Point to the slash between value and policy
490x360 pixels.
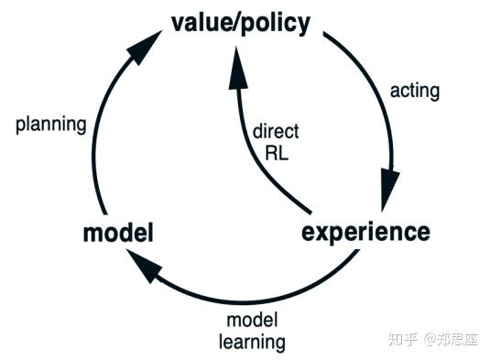tap(234, 22)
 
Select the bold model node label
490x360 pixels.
tap(118, 234)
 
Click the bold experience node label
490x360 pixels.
tap(365, 231)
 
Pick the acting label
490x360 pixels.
tap(415, 91)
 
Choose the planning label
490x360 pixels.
tap(50, 124)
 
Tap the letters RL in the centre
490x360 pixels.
tap(275, 153)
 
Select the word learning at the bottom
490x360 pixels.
tap(252, 343)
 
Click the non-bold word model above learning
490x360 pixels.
tap(252, 322)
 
